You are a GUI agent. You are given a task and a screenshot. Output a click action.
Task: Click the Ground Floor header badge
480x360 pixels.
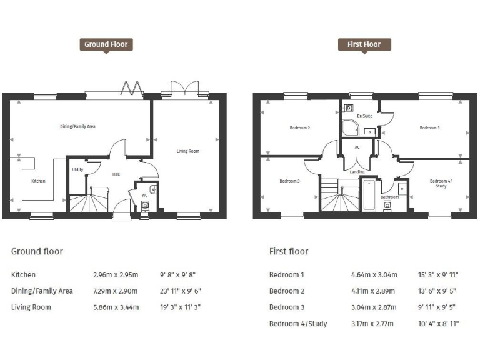[x=106, y=44]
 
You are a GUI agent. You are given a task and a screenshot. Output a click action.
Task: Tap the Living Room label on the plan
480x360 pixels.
[x=187, y=151]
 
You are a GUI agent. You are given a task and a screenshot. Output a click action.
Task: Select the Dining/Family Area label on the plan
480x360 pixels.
[x=77, y=126]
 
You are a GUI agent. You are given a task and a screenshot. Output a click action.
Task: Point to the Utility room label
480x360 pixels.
[x=77, y=169]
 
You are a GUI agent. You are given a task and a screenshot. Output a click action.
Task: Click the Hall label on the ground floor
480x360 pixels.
[x=116, y=174]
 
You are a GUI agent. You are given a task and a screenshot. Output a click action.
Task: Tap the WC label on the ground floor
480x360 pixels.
[x=144, y=195]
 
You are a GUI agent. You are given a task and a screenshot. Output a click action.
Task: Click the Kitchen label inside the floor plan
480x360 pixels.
[x=38, y=181]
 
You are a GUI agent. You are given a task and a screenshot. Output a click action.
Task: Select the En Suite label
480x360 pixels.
[x=364, y=116]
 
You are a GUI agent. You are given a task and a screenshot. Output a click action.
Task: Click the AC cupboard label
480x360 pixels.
[x=357, y=147]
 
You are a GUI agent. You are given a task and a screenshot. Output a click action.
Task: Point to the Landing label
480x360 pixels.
[x=357, y=172]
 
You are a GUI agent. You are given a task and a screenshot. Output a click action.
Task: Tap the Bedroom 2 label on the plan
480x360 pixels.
[x=299, y=127]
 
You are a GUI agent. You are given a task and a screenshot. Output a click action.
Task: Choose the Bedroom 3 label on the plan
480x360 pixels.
[x=289, y=181]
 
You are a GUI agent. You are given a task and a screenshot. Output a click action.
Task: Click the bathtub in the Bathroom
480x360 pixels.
[x=369, y=195]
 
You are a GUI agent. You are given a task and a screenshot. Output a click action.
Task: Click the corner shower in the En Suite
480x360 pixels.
[x=350, y=128]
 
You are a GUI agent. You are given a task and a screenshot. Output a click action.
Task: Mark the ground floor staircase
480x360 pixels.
[x=87, y=201]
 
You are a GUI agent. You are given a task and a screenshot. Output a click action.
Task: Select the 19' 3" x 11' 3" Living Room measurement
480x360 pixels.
[x=181, y=307]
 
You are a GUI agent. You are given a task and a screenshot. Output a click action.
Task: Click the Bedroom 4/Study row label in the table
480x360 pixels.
[x=298, y=324]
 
